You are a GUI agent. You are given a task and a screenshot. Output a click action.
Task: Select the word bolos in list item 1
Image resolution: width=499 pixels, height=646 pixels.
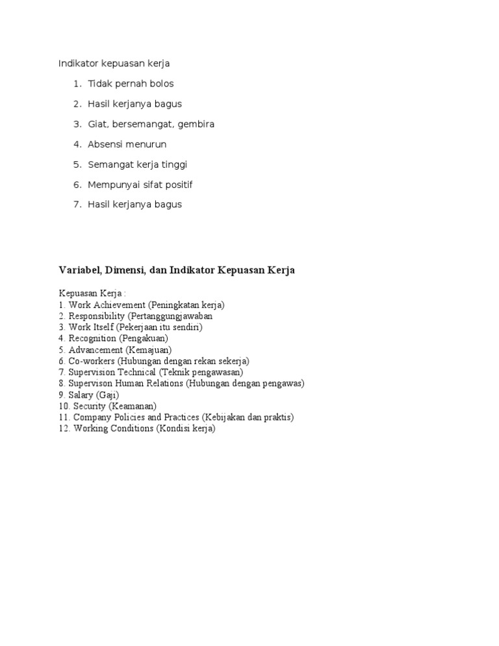(x=162, y=84)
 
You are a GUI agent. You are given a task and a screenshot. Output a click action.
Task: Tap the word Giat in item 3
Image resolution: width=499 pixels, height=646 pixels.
(x=97, y=124)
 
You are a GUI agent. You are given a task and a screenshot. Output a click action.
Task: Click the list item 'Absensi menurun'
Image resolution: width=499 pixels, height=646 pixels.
(x=127, y=144)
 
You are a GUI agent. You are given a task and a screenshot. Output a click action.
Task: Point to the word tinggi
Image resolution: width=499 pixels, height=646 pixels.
(x=175, y=164)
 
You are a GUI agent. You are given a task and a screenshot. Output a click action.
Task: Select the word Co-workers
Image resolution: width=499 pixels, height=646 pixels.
(x=92, y=361)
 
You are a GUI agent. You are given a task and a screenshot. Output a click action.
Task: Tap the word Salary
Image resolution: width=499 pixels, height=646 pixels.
(x=81, y=394)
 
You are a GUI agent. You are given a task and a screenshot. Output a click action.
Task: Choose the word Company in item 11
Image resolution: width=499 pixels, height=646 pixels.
(x=93, y=417)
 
